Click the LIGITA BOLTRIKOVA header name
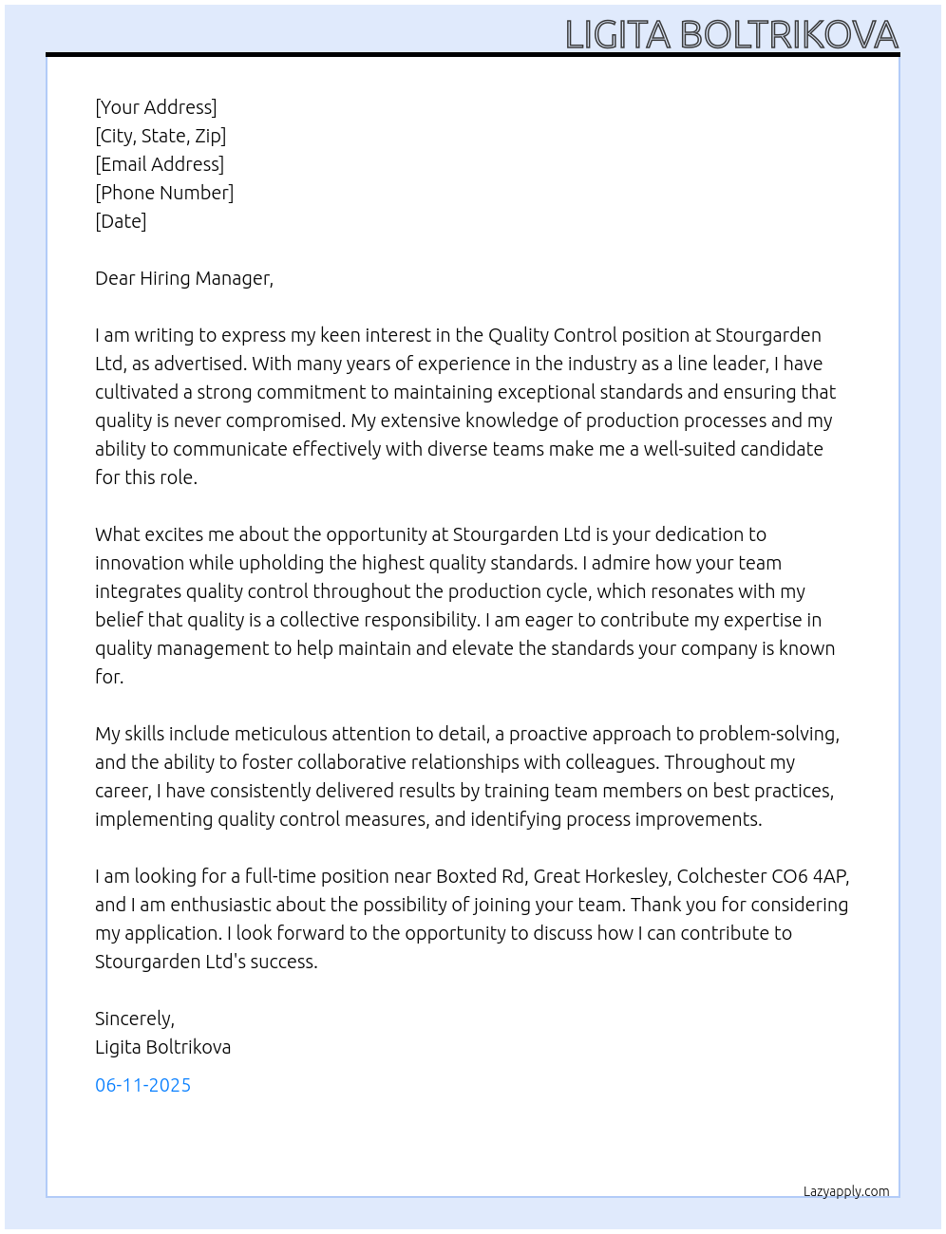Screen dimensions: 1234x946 click(x=731, y=35)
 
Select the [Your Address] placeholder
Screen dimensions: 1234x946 click(x=156, y=107)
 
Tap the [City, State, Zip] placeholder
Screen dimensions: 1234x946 click(x=161, y=136)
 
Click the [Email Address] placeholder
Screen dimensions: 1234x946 click(x=160, y=164)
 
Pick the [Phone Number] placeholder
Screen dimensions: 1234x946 click(x=164, y=193)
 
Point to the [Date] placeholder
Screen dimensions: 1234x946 click(x=121, y=221)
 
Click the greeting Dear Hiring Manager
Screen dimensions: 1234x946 click(x=183, y=278)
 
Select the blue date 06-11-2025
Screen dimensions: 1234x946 click(x=142, y=1085)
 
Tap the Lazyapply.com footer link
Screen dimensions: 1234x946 click(x=846, y=1191)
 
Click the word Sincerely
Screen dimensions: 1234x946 click(x=134, y=1019)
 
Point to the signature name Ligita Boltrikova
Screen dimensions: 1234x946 click(x=162, y=1047)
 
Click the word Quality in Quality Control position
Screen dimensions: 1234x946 click(x=518, y=335)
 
